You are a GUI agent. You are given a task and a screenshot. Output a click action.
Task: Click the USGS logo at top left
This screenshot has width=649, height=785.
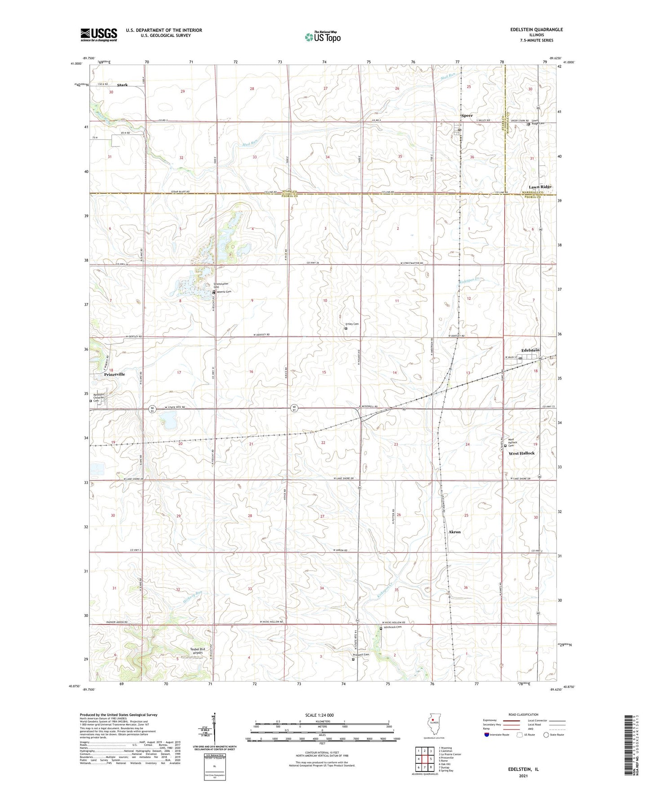click(99, 35)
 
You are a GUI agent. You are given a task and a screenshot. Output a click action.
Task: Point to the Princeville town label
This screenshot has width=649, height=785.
click(115, 374)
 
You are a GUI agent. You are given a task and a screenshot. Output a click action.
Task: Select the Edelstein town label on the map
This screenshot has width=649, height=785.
click(530, 350)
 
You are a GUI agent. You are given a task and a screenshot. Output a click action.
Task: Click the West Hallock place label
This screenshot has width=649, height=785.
click(521, 453)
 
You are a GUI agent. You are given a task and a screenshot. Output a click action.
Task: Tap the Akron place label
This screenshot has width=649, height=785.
click(455, 532)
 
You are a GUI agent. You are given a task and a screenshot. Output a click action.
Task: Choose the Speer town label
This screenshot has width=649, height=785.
click(467, 116)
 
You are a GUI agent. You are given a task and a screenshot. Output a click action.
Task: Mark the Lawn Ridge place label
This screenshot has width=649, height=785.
click(540, 187)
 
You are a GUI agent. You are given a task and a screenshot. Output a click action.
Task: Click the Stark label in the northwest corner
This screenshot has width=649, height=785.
click(122, 85)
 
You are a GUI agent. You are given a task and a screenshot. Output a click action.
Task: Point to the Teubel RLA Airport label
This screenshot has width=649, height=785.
click(198, 651)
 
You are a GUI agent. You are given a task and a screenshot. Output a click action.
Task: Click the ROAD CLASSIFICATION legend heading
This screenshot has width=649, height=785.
click(524, 714)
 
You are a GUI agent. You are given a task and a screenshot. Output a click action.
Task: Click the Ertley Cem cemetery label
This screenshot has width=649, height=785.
click(352, 324)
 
